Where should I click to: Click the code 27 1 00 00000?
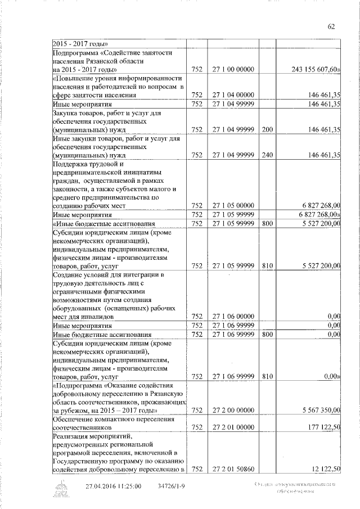[231, 69]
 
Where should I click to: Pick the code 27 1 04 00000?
[231, 95]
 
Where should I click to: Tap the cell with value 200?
[267, 129]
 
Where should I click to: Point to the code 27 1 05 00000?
[231, 206]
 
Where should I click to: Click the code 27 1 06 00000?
[231, 317]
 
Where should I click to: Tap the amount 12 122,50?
[324, 469]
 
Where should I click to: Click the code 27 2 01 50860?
[231, 469]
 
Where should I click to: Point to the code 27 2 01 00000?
[231, 427]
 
